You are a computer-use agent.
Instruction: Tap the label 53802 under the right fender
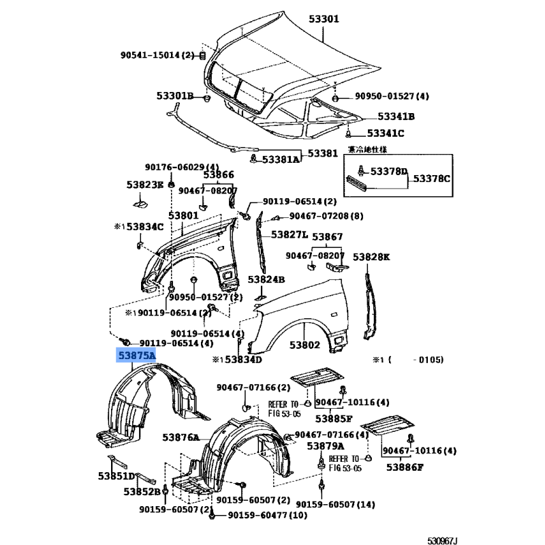pos(304,345)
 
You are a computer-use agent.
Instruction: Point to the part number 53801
pos(183,215)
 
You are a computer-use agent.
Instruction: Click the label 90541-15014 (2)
pos(159,55)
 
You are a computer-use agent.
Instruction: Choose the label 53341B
pos(396,116)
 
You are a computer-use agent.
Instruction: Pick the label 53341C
pos(386,134)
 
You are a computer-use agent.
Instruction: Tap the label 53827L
pos(290,234)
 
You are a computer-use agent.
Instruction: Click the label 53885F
pos(334,418)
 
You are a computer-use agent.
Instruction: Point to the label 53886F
pos(405,467)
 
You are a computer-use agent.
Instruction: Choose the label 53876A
pos(181,437)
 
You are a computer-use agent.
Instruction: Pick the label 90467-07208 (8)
pos(326,216)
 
